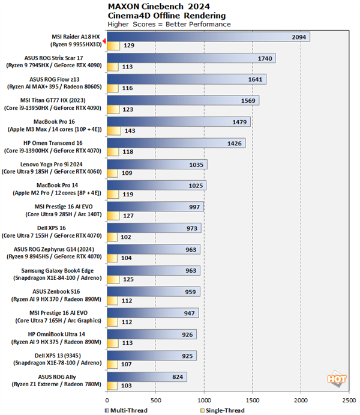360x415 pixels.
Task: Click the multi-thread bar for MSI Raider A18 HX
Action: [x=208, y=37]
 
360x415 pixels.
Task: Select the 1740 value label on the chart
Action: [x=264, y=58]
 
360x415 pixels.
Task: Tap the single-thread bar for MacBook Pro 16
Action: [x=113, y=131]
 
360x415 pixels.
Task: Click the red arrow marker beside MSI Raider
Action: [x=104, y=41]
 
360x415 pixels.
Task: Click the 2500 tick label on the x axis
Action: [x=350, y=399]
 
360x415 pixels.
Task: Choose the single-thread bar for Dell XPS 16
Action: [x=112, y=237]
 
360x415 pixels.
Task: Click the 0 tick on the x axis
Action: [x=107, y=399]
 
